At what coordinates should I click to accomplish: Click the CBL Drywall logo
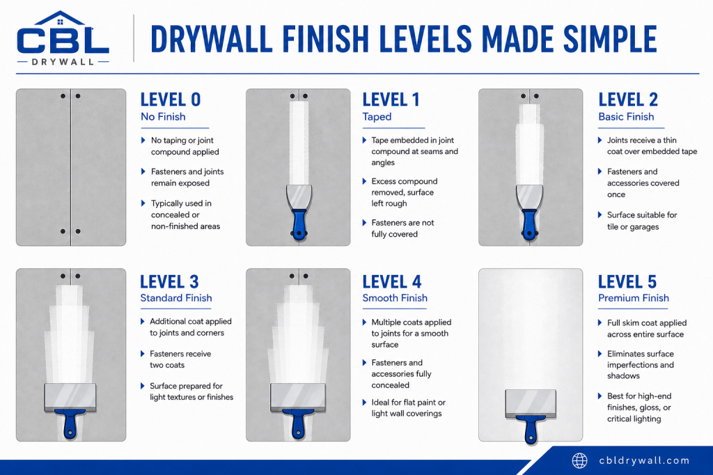(x=63, y=38)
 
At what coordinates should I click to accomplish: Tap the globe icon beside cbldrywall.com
(x=579, y=460)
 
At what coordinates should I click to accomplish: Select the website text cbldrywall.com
(x=644, y=460)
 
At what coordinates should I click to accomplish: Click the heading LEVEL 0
(x=171, y=99)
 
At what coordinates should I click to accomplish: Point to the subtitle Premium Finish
(x=634, y=298)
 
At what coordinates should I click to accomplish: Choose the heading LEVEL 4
(x=392, y=281)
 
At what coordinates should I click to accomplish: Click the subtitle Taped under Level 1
(x=377, y=117)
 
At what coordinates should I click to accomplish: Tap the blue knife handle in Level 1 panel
(x=299, y=224)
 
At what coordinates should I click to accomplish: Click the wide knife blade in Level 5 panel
(x=531, y=403)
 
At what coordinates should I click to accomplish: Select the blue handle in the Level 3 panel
(x=70, y=423)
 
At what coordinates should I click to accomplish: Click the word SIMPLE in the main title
(x=610, y=39)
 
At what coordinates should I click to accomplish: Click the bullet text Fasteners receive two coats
(x=180, y=359)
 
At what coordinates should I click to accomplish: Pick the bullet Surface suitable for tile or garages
(x=642, y=221)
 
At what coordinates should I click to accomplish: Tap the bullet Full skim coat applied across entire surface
(x=647, y=329)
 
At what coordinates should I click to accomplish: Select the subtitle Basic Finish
(x=626, y=117)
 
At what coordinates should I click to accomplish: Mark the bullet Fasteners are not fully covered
(x=402, y=228)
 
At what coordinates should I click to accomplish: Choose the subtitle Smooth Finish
(x=395, y=298)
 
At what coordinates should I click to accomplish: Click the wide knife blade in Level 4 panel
(x=298, y=398)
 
